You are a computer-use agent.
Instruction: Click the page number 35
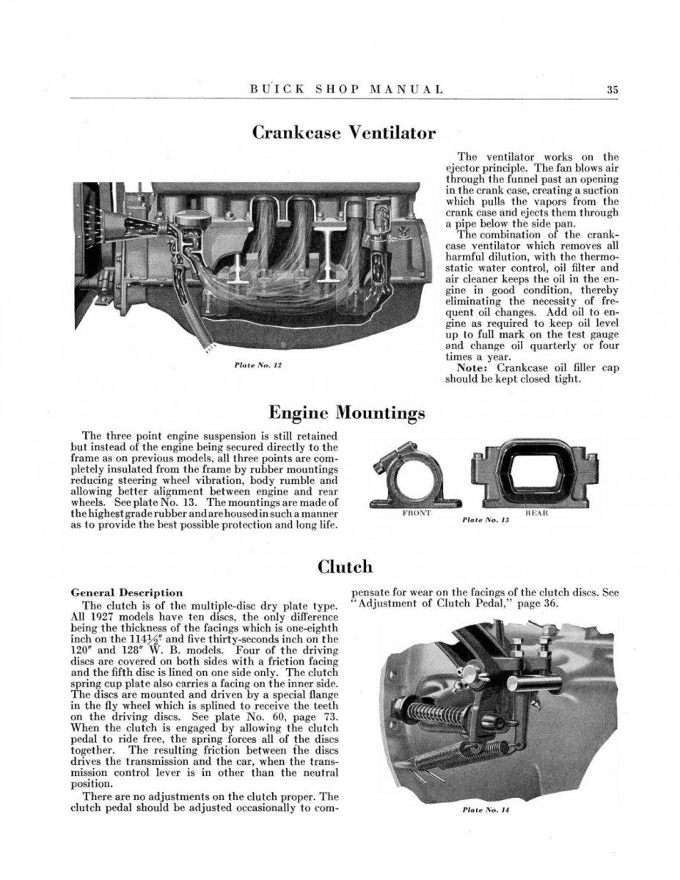pyautogui.click(x=613, y=90)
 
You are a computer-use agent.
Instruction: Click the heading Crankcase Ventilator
pyautogui.click(x=343, y=133)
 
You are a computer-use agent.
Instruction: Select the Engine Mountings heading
pyautogui.click(x=347, y=412)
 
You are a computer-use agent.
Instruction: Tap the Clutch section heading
pyautogui.click(x=344, y=566)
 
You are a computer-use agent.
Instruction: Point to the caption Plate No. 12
pyautogui.click(x=254, y=364)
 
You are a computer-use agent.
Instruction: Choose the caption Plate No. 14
pyautogui.click(x=486, y=810)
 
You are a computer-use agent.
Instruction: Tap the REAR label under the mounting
pyautogui.click(x=537, y=513)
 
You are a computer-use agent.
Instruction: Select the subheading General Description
pyautogui.click(x=126, y=593)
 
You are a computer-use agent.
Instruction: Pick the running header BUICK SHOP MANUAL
pyautogui.click(x=346, y=90)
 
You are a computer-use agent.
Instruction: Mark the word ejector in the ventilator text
pyautogui.click(x=463, y=168)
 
